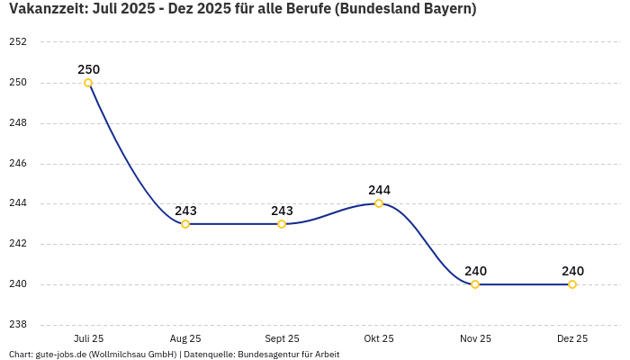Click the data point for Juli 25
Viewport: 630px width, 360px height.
[x=88, y=83]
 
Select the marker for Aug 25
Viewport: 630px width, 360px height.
[x=185, y=224]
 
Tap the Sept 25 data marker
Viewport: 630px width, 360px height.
[x=282, y=224]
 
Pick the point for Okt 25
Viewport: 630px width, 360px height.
[x=379, y=203]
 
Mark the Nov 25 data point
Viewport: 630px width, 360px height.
[x=475, y=284]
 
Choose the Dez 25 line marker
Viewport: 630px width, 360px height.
[x=572, y=284]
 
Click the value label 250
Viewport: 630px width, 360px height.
[x=88, y=69]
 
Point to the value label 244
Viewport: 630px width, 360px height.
[x=379, y=190]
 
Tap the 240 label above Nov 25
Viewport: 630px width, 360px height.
[x=475, y=271]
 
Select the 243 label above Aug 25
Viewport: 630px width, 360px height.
[x=185, y=211]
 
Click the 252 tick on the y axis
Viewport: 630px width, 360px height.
[x=18, y=42]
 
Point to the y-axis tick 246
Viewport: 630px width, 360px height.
[x=18, y=164]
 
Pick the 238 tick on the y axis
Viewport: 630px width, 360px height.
[x=18, y=325]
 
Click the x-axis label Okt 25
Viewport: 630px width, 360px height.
[x=379, y=338]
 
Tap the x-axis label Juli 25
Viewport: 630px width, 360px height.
[x=88, y=338]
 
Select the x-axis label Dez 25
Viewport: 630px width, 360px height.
[x=572, y=338]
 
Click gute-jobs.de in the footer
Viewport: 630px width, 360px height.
[x=60, y=355]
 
